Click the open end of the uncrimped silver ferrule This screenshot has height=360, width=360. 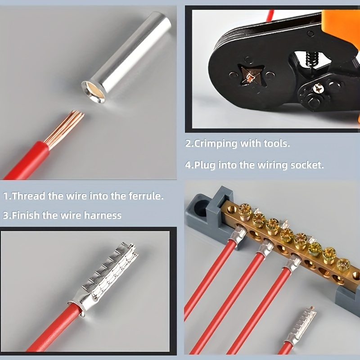click(x=94, y=91)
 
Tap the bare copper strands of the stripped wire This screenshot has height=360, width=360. click(x=65, y=129)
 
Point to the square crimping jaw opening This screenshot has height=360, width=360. click(x=249, y=76)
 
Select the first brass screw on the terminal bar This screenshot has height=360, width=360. click(x=245, y=212)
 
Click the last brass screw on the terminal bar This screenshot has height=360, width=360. click(x=343, y=265)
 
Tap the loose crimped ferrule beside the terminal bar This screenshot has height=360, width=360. click(x=301, y=325)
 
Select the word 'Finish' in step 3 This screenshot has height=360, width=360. click(x=26, y=216)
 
